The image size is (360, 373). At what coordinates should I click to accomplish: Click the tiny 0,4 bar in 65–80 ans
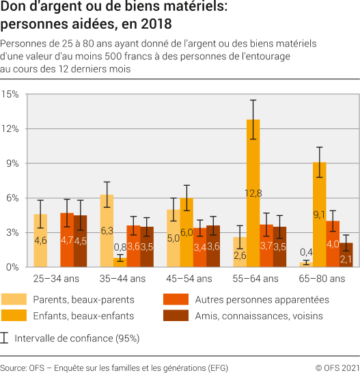click(305, 265)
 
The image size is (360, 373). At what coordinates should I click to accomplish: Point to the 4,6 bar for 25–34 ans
click(40, 240)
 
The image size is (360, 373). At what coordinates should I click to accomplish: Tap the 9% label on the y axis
click(12, 163)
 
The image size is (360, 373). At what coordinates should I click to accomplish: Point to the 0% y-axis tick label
click(12, 267)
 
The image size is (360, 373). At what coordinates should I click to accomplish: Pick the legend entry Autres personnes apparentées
click(262, 299)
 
